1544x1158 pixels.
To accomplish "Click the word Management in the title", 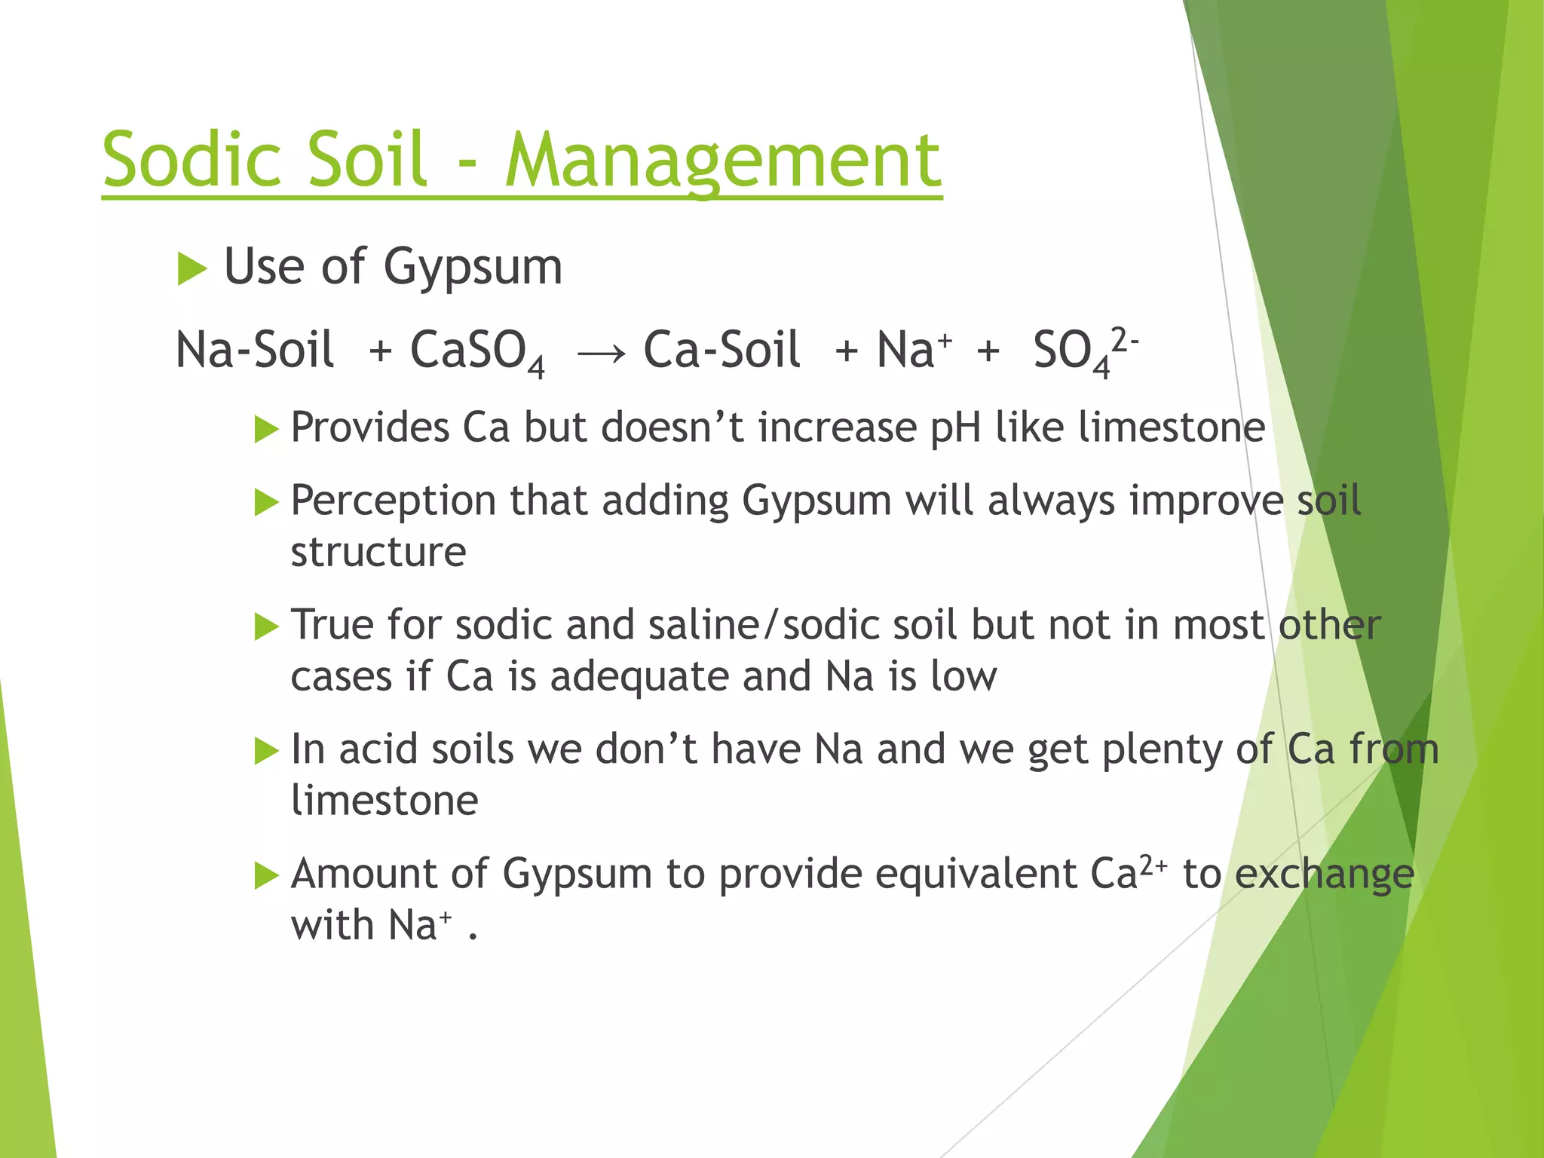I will (722, 161).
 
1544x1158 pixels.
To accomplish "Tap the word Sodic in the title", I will (189, 159).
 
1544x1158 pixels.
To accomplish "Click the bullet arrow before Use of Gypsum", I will (191, 269).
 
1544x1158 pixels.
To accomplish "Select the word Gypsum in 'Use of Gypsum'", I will (473, 268).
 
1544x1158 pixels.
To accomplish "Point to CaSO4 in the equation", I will (476, 352).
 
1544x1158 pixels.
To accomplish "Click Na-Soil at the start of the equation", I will (254, 351).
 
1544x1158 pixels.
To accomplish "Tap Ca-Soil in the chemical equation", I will (721, 351).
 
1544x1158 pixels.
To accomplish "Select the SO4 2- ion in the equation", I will (1084, 351).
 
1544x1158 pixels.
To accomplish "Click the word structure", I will (378, 552).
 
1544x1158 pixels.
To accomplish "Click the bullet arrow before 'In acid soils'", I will (266, 751).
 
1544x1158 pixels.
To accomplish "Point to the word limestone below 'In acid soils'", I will (384, 800).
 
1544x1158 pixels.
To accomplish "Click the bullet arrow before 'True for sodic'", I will (266, 626).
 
